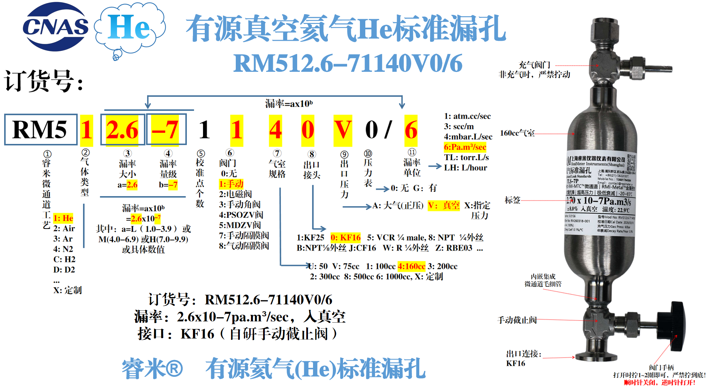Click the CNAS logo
pyautogui.click(x=55, y=27)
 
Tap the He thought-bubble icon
pyautogui.click(x=130, y=28)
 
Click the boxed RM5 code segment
pyautogui.click(x=40, y=130)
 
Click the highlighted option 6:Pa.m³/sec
pyautogui.click(x=465, y=147)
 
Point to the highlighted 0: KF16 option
pyautogui.click(x=345, y=238)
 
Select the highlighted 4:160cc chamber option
pyautogui.click(x=411, y=266)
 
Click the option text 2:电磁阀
pyautogui.click(x=235, y=194)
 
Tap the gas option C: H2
pyautogui.click(x=64, y=259)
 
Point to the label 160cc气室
pyautogui.click(x=517, y=133)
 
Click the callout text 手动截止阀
pyautogui.click(x=517, y=320)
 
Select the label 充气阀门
pyautogui.click(x=534, y=65)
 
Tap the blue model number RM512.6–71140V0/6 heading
pyautogui.click(x=348, y=63)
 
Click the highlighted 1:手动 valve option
pyautogui.click(x=231, y=184)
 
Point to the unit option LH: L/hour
pyautogui.click(x=465, y=168)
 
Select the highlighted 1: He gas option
pyautogui.click(x=63, y=218)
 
